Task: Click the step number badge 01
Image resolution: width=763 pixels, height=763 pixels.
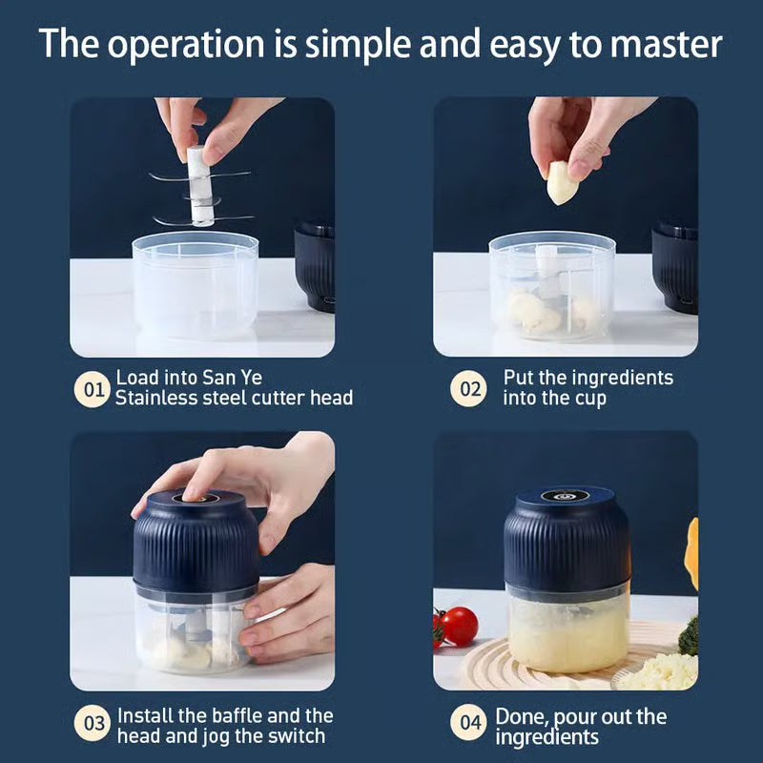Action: click(93, 389)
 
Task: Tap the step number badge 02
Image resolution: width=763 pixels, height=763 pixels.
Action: click(467, 389)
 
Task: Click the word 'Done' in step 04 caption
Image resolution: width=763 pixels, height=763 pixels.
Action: click(521, 715)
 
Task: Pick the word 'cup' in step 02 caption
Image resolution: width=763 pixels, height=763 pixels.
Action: click(589, 399)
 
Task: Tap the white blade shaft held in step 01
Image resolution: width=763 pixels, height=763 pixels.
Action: click(200, 186)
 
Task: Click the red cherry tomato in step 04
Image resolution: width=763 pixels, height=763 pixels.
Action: click(459, 626)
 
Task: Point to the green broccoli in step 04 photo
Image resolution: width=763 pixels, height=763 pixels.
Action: click(689, 636)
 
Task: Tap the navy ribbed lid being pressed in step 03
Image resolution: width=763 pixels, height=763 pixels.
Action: click(196, 544)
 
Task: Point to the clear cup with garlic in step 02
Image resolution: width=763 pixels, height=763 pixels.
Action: click(551, 286)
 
